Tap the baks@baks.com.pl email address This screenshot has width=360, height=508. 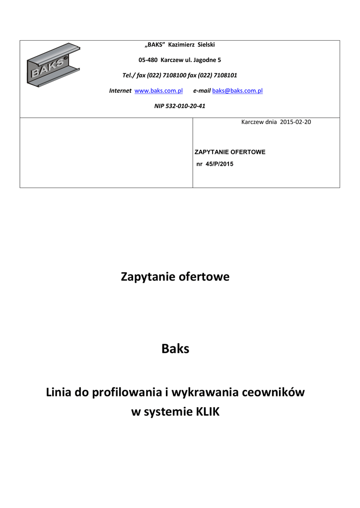pos(237,91)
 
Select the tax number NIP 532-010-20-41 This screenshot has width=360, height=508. pos(180,106)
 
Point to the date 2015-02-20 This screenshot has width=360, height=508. pos(296,122)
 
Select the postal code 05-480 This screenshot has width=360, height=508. pos(147,60)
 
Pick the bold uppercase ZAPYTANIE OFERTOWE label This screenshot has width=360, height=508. pos(230,152)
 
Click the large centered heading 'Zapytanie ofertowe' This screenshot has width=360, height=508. pos(175,277)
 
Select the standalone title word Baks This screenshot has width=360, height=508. pos(175,349)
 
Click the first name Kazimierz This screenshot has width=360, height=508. pos(182,45)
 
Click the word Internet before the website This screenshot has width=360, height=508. pos(120,91)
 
